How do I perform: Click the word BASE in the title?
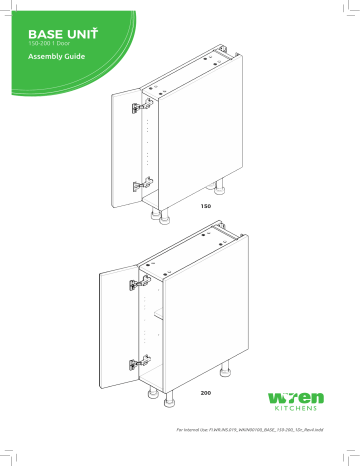pos(45,34)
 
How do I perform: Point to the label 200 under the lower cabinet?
pos(206,394)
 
